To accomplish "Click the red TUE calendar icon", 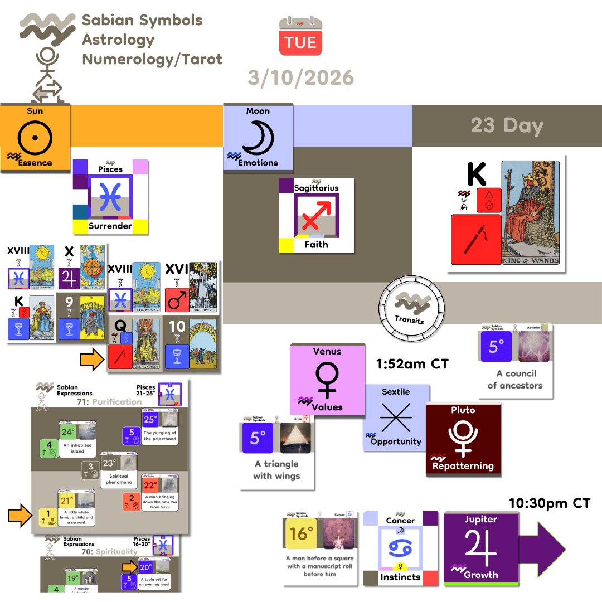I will point(300,36).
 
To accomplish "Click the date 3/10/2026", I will point(301,77).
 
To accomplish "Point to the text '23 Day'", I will point(507,125).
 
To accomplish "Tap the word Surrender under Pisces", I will point(110,226).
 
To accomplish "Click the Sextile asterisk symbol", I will point(396,417).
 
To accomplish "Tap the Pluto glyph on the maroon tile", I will point(463,438).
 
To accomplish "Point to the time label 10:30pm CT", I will point(548,503).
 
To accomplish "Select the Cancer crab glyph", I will point(400,548).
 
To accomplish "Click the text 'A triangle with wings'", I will point(276,470).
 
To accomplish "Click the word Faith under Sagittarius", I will point(316,244).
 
